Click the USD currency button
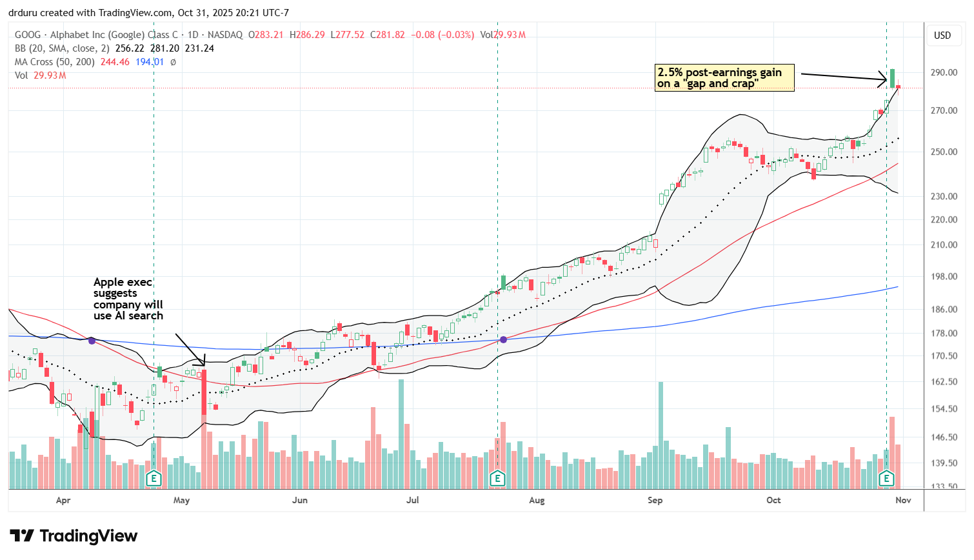click(942, 35)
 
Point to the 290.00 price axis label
click(943, 72)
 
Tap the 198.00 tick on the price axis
click(943, 277)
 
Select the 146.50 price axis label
click(943, 437)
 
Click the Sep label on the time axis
click(655, 500)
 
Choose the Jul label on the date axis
click(412, 500)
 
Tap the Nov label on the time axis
click(903, 500)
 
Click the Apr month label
click(63, 500)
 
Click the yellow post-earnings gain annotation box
click(724, 78)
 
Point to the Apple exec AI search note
click(128, 299)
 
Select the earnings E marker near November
click(886, 478)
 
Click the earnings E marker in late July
click(497, 478)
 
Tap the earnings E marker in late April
click(154, 478)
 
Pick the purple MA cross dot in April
click(92, 340)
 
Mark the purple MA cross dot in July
click(503, 339)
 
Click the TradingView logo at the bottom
click(74, 536)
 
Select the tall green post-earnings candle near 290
click(892, 78)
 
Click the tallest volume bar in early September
click(661, 435)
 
